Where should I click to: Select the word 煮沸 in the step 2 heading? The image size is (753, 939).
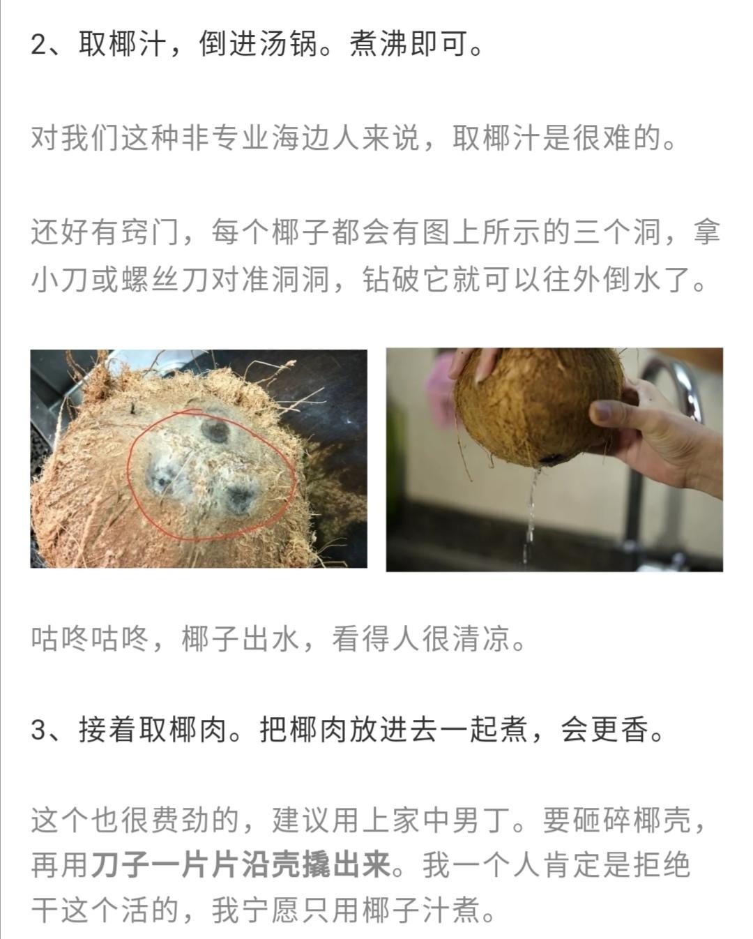379,44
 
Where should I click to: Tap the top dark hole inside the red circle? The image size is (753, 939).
215,432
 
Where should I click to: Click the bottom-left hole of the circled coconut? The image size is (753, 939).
162,481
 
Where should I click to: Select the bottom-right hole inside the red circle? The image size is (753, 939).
239,498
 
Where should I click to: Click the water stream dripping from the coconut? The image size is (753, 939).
530,515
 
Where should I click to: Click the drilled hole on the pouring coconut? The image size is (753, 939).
551,458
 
